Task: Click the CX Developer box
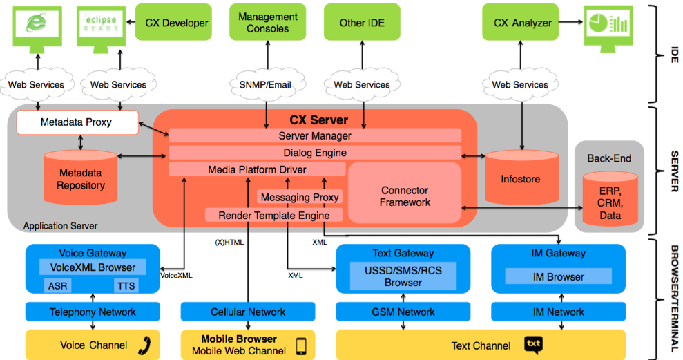pyautogui.click(x=176, y=23)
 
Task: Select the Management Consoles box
pyautogui.click(x=268, y=23)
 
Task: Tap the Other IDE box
pyautogui.click(x=361, y=23)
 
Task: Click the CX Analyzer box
pyautogui.click(x=523, y=23)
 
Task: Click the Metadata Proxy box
pyautogui.click(x=76, y=122)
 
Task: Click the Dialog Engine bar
pyautogui.click(x=315, y=153)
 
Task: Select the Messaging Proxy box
pyautogui.click(x=300, y=197)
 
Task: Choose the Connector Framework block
pyautogui.click(x=405, y=196)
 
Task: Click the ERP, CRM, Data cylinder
pyautogui.click(x=610, y=201)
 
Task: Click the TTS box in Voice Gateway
pyautogui.click(x=126, y=285)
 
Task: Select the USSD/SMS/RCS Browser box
pyautogui.click(x=403, y=276)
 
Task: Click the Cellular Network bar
pyautogui.click(x=248, y=312)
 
